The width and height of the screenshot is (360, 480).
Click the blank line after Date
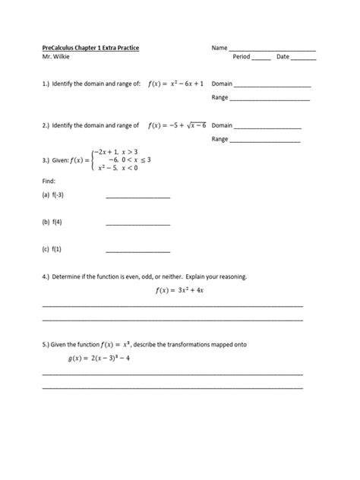304,59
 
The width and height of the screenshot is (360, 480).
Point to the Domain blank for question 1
273,86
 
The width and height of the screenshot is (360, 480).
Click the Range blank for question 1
270,100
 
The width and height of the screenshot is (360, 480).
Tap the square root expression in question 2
190,125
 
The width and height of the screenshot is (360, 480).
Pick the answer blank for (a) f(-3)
137,198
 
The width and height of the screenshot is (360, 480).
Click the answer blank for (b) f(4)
137,225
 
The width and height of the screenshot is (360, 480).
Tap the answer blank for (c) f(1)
137,251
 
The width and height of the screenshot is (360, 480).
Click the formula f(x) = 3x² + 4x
180,289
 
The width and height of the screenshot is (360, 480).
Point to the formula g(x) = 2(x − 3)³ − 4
99,358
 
